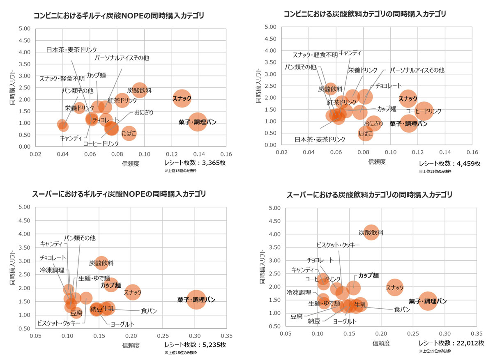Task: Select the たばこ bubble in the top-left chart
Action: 129,133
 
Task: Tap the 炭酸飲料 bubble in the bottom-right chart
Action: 371,232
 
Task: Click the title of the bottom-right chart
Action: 369,195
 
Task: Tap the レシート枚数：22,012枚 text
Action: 452,343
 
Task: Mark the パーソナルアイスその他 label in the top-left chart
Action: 122,58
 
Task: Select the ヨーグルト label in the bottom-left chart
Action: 122,324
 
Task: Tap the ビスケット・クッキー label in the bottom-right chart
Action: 338,245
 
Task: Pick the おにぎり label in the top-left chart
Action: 143,112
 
